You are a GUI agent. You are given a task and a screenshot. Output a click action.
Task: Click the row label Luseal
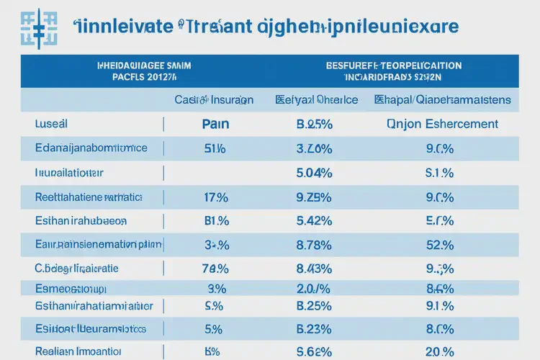pyautogui.click(x=50, y=124)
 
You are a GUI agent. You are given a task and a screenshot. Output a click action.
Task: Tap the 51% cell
pyautogui.click(x=215, y=149)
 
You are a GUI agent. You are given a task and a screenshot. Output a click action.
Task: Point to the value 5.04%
pyautogui.click(x=314, y=173)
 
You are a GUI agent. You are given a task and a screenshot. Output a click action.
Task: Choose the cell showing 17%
pyautogui.click(x=215, y=197)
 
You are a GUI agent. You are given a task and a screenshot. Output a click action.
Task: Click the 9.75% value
pyautogui.click(x=314, y=197)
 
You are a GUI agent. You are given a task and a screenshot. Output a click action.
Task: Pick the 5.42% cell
pyautogui.click(x=314, y=220)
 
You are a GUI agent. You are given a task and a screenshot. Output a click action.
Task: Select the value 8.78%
pyautogui.click(x=314, y=245)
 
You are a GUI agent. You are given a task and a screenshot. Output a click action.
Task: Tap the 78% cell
pyautogui.click(x=215, y=269)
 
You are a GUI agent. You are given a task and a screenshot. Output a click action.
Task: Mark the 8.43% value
pyautogui.click(x=314, y=269)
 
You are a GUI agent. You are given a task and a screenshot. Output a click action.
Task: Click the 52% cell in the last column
pyautogui.click(x=439, y=245)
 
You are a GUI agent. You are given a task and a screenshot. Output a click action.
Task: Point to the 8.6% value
pyautogui.click(x=439, y=289)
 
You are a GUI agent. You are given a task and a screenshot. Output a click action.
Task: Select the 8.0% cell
pyautogui.click(x=439, y=329)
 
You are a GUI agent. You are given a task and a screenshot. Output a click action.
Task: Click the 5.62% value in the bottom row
pyautogui.click(x=314, y=352)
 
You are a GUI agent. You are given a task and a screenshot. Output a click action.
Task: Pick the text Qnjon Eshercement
pyautogui.click(x=442, y=124)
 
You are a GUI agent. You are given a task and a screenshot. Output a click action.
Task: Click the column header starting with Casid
pyautogui.click(x=214, y=100)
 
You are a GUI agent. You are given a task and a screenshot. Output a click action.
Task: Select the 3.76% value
pyautogui.click(x=314, y=149)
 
